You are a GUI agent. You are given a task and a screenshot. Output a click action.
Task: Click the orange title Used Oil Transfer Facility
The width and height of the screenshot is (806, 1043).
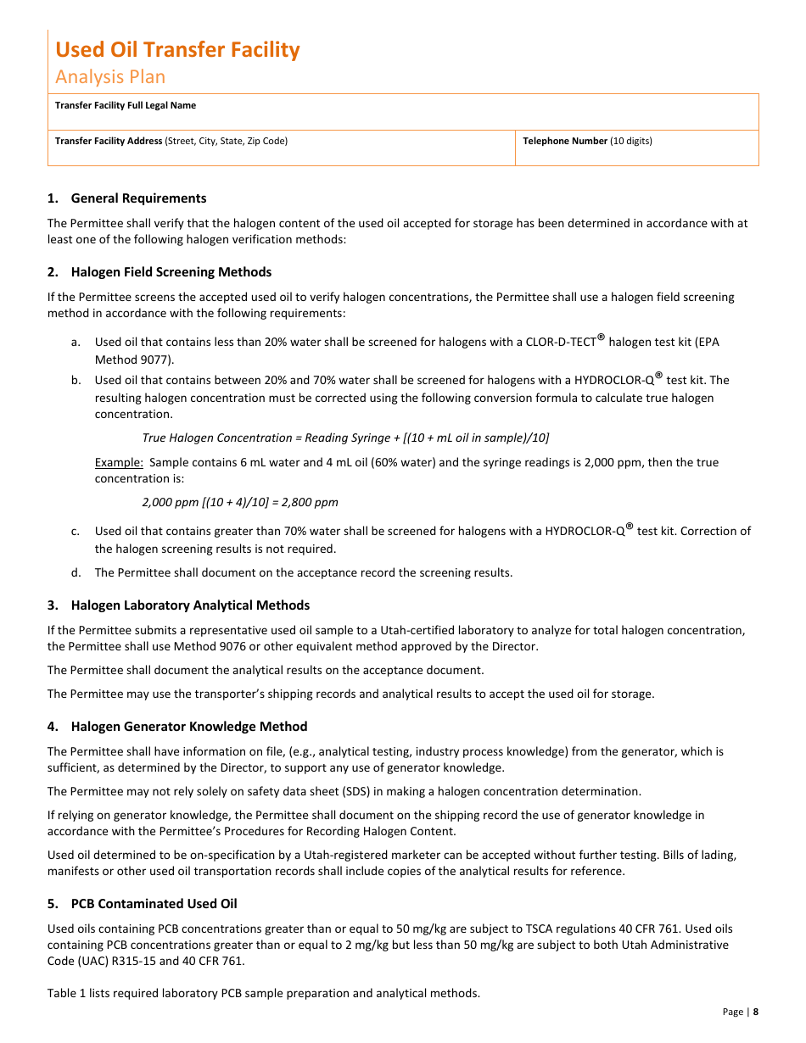177,50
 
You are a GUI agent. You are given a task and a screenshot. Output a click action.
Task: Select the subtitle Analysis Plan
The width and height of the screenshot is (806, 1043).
110,77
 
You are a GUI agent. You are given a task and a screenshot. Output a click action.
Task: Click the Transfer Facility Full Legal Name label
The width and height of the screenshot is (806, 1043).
126,106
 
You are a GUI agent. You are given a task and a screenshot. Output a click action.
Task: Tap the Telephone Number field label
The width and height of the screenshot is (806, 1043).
565,142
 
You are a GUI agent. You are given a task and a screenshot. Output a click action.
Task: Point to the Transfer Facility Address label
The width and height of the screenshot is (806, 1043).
109,142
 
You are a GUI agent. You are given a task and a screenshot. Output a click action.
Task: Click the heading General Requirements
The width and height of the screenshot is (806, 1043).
138,198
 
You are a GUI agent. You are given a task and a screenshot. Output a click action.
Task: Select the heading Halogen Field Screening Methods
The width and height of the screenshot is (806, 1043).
171,272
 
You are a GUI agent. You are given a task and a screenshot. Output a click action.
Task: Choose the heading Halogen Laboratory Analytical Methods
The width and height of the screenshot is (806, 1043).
190,605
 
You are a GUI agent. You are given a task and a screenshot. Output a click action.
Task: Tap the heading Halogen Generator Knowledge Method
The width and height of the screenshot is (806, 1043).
189,727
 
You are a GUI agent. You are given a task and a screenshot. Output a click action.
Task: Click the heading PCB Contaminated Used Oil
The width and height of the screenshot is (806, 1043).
154,904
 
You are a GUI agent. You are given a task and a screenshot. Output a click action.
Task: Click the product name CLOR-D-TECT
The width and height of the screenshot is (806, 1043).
561,343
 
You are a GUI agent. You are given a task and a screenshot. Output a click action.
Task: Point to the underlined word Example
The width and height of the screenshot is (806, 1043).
118,463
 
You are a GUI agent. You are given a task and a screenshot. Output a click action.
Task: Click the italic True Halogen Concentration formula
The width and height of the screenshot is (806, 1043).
345,438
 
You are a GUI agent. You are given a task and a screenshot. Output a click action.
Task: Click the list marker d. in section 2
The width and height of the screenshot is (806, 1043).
76,573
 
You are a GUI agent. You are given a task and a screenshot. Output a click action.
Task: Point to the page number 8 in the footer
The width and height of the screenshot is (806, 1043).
755,1012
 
